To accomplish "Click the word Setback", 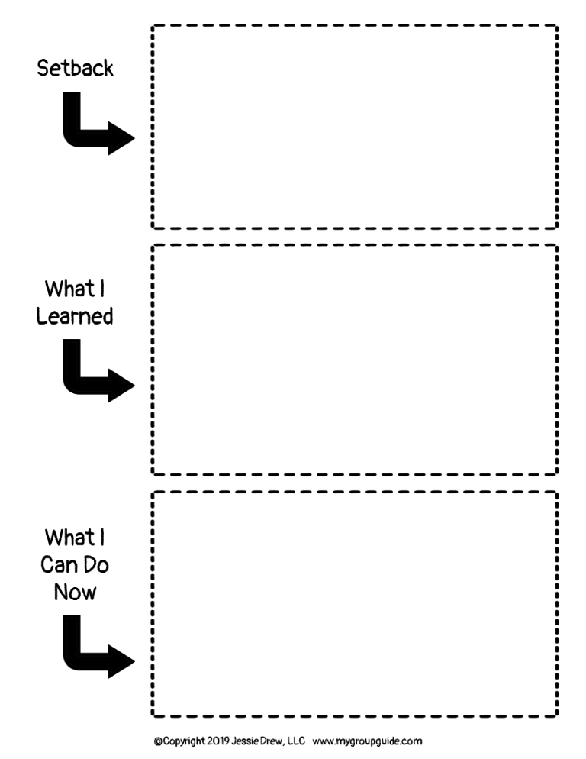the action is coord(75,68).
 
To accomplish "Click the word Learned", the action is coord(75,316).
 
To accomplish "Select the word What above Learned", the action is coord(69,289).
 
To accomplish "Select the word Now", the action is coord(75,592).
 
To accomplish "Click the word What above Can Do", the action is coord(69,538).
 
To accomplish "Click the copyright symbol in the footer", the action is coord(158,741).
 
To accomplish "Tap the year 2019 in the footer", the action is coord(217,741).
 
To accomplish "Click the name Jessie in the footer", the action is coord(243,741).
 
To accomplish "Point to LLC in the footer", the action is coord(296,741).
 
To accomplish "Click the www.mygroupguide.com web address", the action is coord(367,741).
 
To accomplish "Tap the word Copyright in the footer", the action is coord(184,741).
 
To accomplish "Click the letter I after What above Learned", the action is coord(102,289).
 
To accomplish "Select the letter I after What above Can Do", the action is coord(102,538).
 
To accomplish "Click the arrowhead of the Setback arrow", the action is coord(122,138).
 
